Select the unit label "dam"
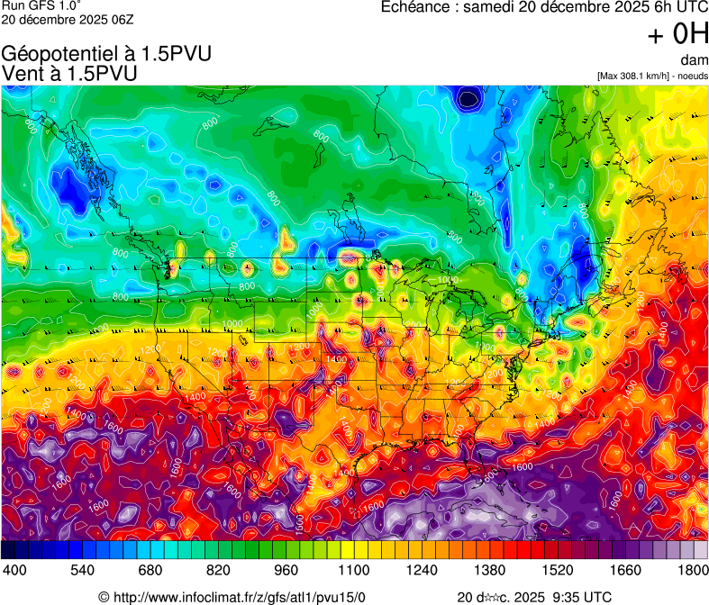[695, 60]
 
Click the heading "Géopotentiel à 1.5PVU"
[107, 54]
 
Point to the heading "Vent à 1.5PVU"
[69, 74]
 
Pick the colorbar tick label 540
[84, 570]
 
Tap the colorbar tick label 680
[151, 570]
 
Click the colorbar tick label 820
[219, 570]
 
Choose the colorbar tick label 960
[286, 570]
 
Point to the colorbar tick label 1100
[354, 570]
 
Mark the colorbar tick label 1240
[422, 570]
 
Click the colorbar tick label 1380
[489, 570]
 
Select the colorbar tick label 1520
[557, 570]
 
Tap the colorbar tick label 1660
[624, 570]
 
